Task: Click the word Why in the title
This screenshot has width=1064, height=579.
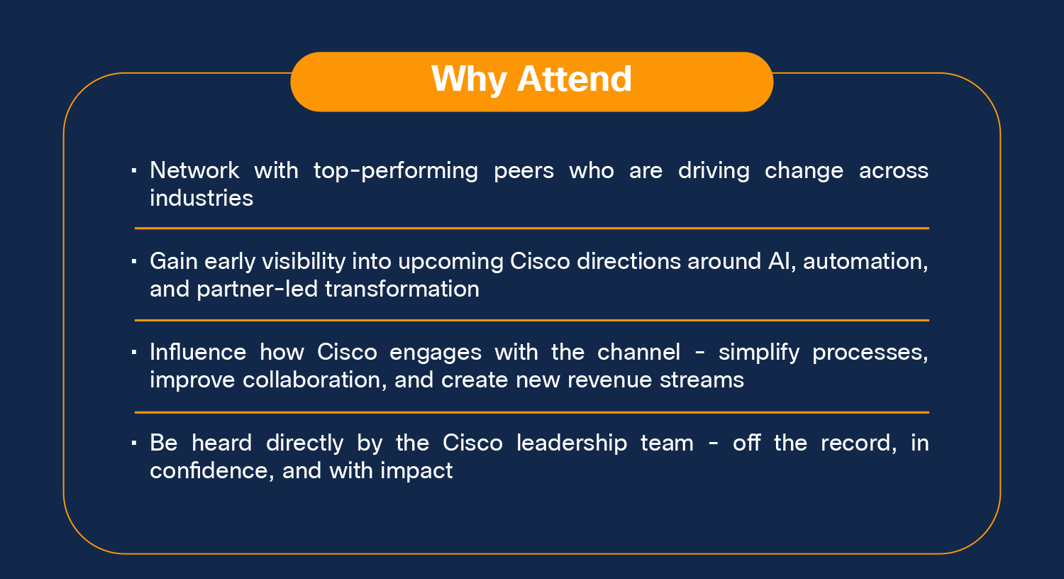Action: tap(469, 79)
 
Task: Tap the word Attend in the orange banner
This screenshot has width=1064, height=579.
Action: tap(575, 79)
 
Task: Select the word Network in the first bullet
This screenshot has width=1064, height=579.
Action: tap(194, 170)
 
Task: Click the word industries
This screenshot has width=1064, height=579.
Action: tap(201, 198)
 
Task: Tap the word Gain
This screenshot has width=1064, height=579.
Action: tap(174, 261)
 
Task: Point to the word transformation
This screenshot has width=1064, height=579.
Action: tap(402, 289)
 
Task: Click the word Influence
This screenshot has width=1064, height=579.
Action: tap(198, 352)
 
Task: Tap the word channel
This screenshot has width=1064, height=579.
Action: tap(638, 352)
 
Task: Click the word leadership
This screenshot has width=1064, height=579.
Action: tap(572, 443)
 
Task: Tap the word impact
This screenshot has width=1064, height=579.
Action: tap(416, 471)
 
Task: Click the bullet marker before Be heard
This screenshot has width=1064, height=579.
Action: tap(134, 443)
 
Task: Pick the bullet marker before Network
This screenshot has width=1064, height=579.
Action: tap(134, 170)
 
